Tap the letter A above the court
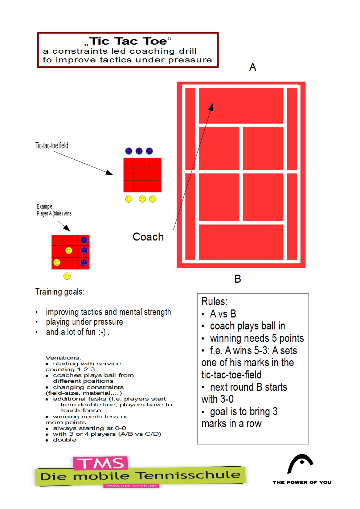pyautogui.click(x=253, y=67)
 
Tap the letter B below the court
pyautogui.click(x=238, y=279)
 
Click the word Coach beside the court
pyautogui.click(x=148, y=237)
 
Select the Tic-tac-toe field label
pyautogui.click(x=52, y=146)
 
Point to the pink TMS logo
pyautogui.click(x=101, y=463)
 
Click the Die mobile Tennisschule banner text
pyautogui.click(x=140, y=476)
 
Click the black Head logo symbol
pyautogui.click(x=300, y=463)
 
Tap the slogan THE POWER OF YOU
pyautogui.click(x=302, y=483)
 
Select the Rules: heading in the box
pyautogui.click(x=214, y=301)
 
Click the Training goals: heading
pyautogui.click(x=60, y=292)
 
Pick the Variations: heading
pyautogui.click(x=63, y=358)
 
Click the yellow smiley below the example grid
pyautogui.click(x=67, y=276)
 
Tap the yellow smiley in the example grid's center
pyautogui.click(x=69, y=250)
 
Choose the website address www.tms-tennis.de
pyautogui.click(x=131, y=485)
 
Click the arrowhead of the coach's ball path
pyautogui.click(x=211, y=106)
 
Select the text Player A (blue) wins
pyautogui.click(x=54, y=213)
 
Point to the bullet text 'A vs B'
pyautogui.click(x=223, y=314)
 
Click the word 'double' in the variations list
pyautogui.click(x=65, y=440)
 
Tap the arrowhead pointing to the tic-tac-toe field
pyautogui.click(x=110, y=173)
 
